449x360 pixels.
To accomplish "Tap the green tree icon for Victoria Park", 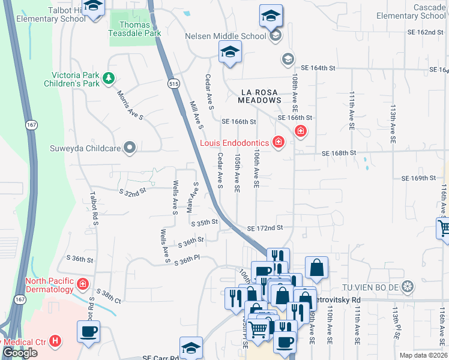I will click(x=109, y=77).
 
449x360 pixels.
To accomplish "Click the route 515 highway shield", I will click(x=174, y=85).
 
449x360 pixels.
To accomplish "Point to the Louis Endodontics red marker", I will click(x=278, y=143).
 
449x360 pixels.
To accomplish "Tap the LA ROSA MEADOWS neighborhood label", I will click(x=261, y=96).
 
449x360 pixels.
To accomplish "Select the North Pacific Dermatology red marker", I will click(x=83, y=283).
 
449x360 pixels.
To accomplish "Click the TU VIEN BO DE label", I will click(x=372, y=286).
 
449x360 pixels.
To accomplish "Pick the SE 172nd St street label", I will click(x=265, y=228).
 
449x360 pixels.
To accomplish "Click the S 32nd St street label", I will click(x=133, y=193).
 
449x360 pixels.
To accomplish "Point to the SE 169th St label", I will click(x=418, y=178).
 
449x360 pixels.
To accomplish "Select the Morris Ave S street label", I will click(x=130, y=106).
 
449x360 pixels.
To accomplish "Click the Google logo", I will click(x=20, y=353).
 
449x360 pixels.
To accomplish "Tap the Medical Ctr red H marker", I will click(x=56, y=341).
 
